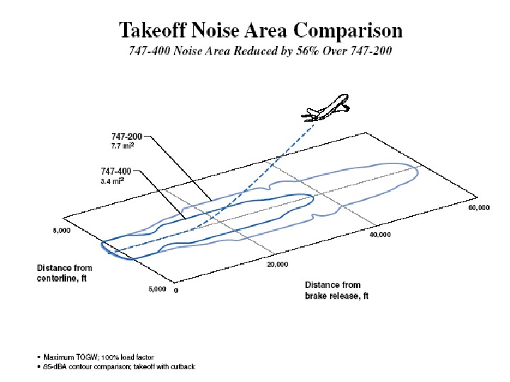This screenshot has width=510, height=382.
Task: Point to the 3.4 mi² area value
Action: [112, 180]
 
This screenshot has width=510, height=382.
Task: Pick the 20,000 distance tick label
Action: [278, 265]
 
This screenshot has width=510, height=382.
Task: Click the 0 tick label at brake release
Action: [176, 291]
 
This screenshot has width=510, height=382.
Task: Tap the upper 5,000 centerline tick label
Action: [62, 230]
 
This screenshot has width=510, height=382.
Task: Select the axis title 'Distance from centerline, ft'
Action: [64, 272]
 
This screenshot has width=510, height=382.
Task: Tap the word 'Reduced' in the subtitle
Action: [257, 51]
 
